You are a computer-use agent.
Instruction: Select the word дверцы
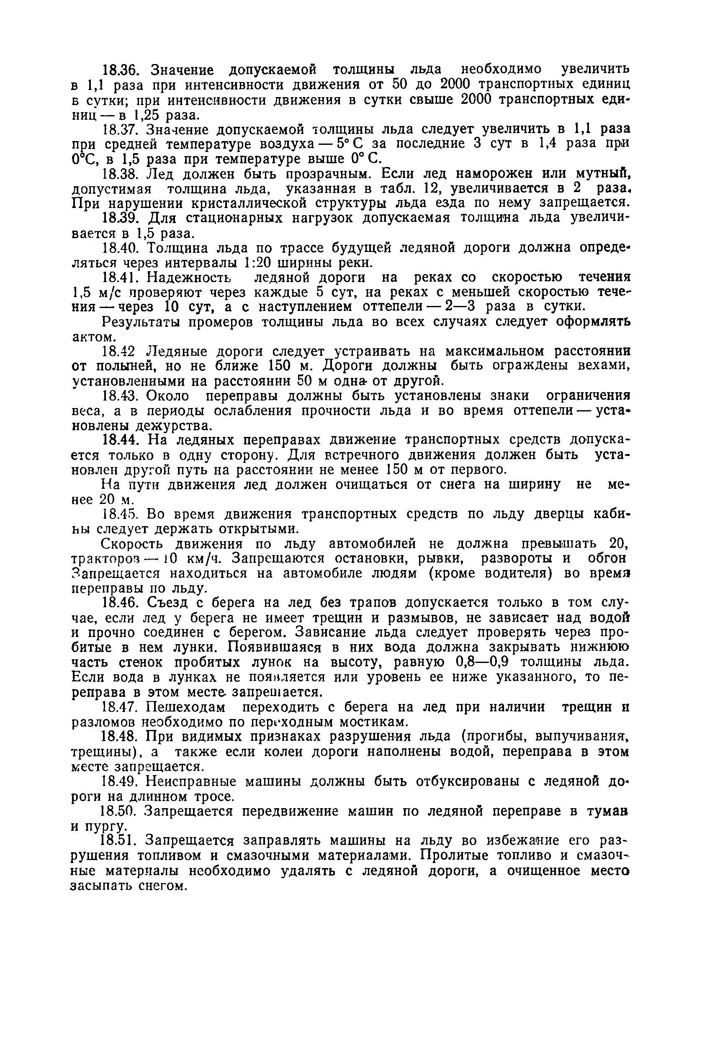coord(559,515)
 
